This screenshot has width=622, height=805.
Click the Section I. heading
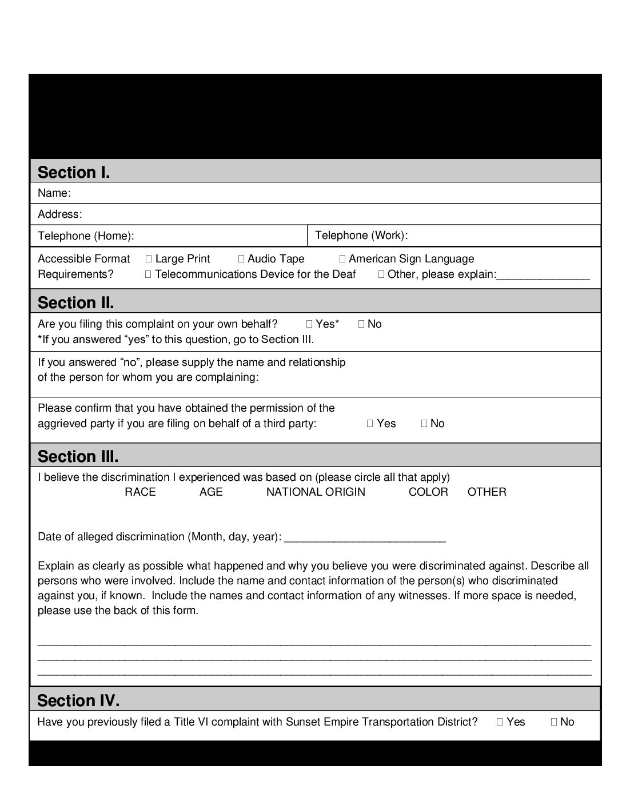tap(74, 172)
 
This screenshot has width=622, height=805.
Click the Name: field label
tap(54, 193)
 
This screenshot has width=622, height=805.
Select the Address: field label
tap(60, 214)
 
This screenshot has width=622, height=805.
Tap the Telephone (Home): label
tap(86, 236)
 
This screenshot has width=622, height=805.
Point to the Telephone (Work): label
tap(361, 235)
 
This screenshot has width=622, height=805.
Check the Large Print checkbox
tap(149, 259)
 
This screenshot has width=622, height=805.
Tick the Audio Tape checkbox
tap(241, 259)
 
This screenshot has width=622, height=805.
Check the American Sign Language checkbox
tap(342, 259)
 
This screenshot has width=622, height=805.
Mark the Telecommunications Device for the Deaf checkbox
tap(149, 274)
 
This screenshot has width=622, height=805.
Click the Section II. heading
tap(76, 302)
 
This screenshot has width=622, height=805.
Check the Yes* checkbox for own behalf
tap(309, 324)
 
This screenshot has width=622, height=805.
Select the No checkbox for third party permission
tap(424, 424)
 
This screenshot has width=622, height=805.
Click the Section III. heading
tap(78, 456)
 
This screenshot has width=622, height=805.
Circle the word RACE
tap(140, 492)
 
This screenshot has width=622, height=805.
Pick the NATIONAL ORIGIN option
tap(316, 492)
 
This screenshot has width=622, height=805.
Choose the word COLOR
tap(428, 492)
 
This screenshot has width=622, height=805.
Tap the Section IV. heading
tap(78, 700)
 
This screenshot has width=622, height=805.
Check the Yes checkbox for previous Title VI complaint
tap(500, 722)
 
